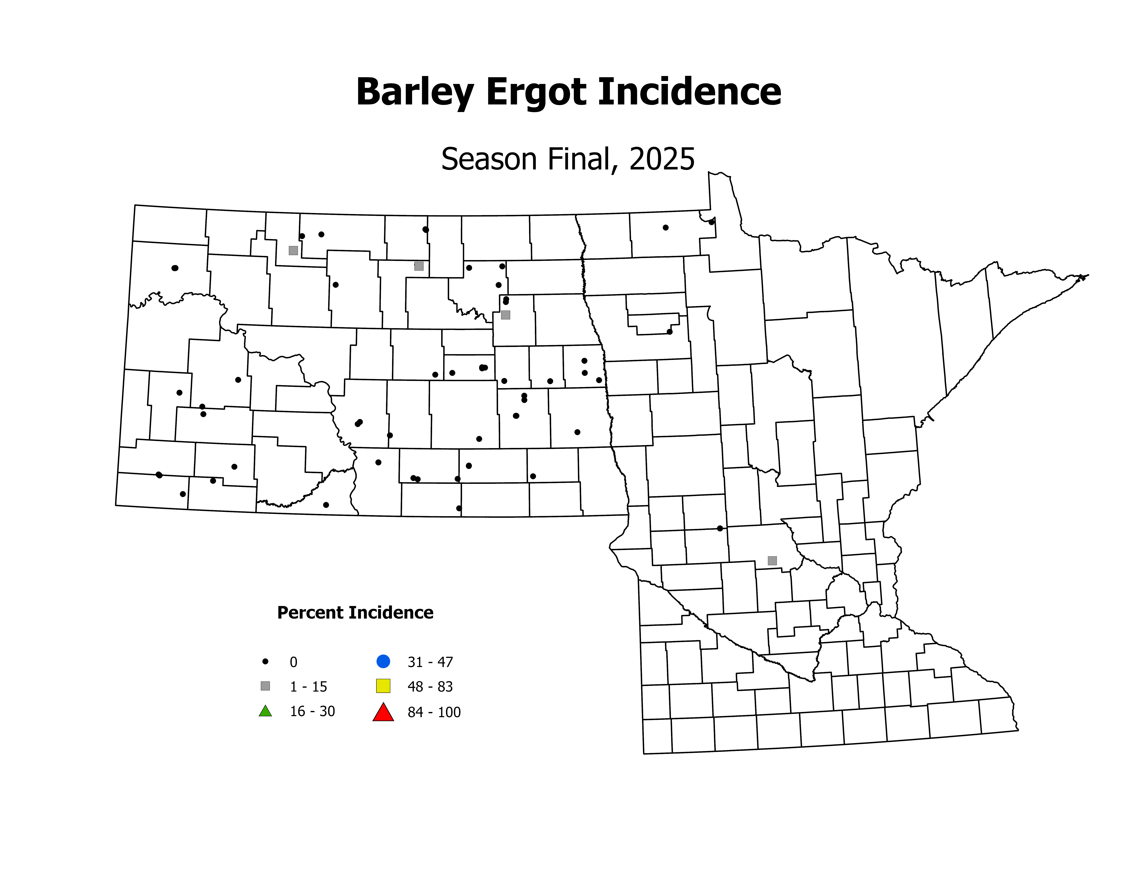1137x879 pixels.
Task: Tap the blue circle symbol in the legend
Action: pyautogui.click(x=383, y=661)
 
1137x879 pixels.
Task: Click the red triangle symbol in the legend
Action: pyautogui.click(x=383, y=712)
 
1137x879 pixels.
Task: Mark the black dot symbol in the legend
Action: pyautogui.click(x=265, y=661)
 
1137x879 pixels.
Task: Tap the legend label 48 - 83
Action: pyautogui.click(x=430, y=687)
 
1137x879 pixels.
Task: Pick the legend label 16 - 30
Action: pyautogui.click(x=312, y=711)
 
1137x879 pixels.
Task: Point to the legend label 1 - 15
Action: pyautogui.click(x=308, y=687)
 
